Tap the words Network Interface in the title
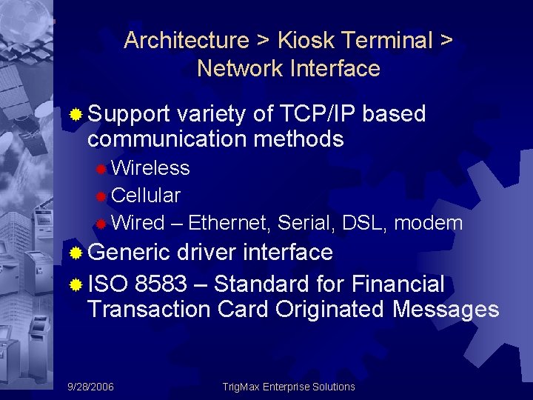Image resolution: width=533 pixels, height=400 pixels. [x=288, y=69]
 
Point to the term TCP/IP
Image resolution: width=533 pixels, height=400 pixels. [x=319, y=114]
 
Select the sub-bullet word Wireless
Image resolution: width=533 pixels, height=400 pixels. [x=150, y=168]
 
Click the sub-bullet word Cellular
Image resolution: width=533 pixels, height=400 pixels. [x=146, y=196]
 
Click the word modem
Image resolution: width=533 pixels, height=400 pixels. [x=431, y=223]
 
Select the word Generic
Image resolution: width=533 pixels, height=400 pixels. [x=129, y=253]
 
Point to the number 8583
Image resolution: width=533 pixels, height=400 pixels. [x=161, y=284]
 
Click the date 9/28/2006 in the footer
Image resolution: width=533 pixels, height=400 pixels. [x=91, y=387]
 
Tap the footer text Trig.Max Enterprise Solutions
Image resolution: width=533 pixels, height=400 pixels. [x=289, y=387]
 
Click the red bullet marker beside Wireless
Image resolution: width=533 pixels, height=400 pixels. [x=101, y=169]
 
